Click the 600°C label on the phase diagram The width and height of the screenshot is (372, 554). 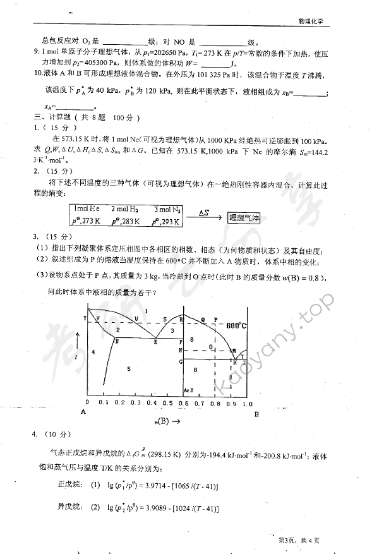pyautogui.click(x=236, y=325)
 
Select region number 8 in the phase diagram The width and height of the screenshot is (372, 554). pyautogui.click(x=196, y=369)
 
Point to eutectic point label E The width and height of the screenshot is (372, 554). pyautogui.click(x=156, y=341)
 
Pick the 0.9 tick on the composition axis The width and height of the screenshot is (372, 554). pyautogui.click(x=232, y=402)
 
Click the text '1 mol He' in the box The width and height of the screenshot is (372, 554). pyautogui.click(x=87, y=208)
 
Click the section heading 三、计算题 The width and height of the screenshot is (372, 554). pyautogui.click(x=52, y=117)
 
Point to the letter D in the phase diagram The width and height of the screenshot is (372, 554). pyautogui.click(x=117, y=341)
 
